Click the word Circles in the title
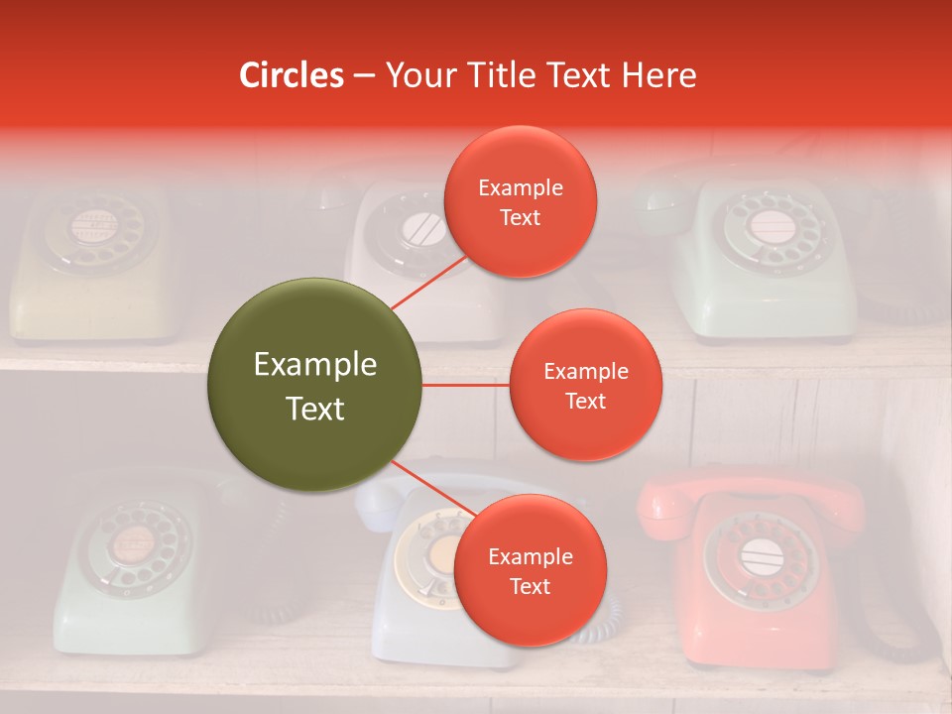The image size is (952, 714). pos(292,75)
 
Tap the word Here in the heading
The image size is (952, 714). pos(657,75)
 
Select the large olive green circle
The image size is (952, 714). pos(314,385)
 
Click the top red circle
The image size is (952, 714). pos(520,201)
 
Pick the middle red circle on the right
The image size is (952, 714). pos(585,385)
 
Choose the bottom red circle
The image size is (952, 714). pos(530,570)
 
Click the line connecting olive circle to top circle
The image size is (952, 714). pos(428,282)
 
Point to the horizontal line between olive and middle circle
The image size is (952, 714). pos(465,385)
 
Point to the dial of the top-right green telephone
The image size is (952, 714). pos(770,228)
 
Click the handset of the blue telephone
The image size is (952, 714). pos(387,496)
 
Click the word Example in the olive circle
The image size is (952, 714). pos(314,365)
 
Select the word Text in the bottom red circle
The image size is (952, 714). pos(530,586)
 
